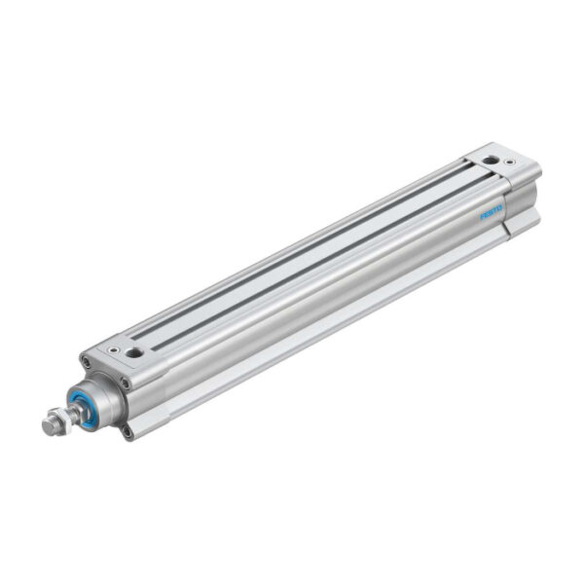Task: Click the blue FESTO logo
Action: point(492,211)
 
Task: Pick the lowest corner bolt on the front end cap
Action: point(127,433)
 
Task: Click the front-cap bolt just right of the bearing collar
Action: point(126,383)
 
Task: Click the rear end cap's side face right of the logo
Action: point(521,201)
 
